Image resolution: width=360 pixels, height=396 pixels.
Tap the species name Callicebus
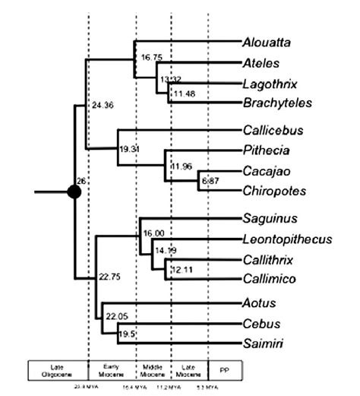tap(269, 131)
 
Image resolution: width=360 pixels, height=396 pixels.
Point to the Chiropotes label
tap(271, 189)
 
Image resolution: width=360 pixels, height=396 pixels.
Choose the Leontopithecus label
tap(288, 239)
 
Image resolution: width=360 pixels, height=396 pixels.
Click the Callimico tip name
tap(268, 278)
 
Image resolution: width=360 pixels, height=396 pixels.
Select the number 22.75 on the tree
tap(110, 278)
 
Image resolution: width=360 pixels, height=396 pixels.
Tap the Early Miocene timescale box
tap(112, 370)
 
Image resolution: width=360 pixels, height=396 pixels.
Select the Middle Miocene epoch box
tap(153, 370)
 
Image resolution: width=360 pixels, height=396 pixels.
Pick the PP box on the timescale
tap(226, 370)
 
